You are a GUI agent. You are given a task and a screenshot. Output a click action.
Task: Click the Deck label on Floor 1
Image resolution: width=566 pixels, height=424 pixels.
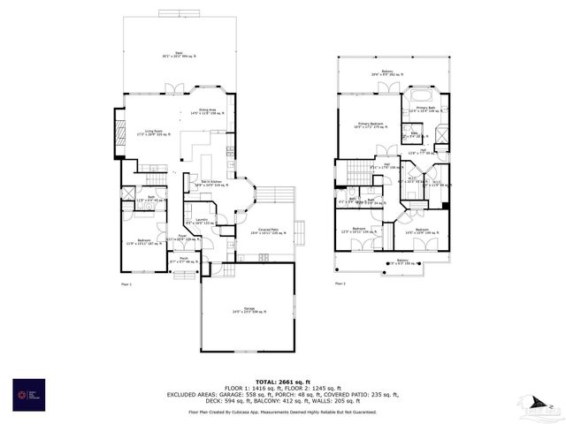(x=180, y=55)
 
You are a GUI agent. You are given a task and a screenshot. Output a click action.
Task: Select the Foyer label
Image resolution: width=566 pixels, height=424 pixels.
(x=182, y=238)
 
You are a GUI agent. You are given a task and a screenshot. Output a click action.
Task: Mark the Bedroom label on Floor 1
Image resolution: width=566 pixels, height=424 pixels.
(x=143, y=241)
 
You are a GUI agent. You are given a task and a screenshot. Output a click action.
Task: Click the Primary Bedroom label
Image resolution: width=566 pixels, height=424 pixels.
(x=370, y=125)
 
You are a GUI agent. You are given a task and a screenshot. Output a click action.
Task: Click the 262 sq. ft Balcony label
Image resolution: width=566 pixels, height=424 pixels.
(x=387, y=72)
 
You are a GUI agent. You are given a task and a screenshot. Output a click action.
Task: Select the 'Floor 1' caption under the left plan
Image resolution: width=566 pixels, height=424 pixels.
(x=126, y=284)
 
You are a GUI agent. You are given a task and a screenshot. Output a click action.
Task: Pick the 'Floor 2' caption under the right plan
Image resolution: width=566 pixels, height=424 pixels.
(x=340, y=284)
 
